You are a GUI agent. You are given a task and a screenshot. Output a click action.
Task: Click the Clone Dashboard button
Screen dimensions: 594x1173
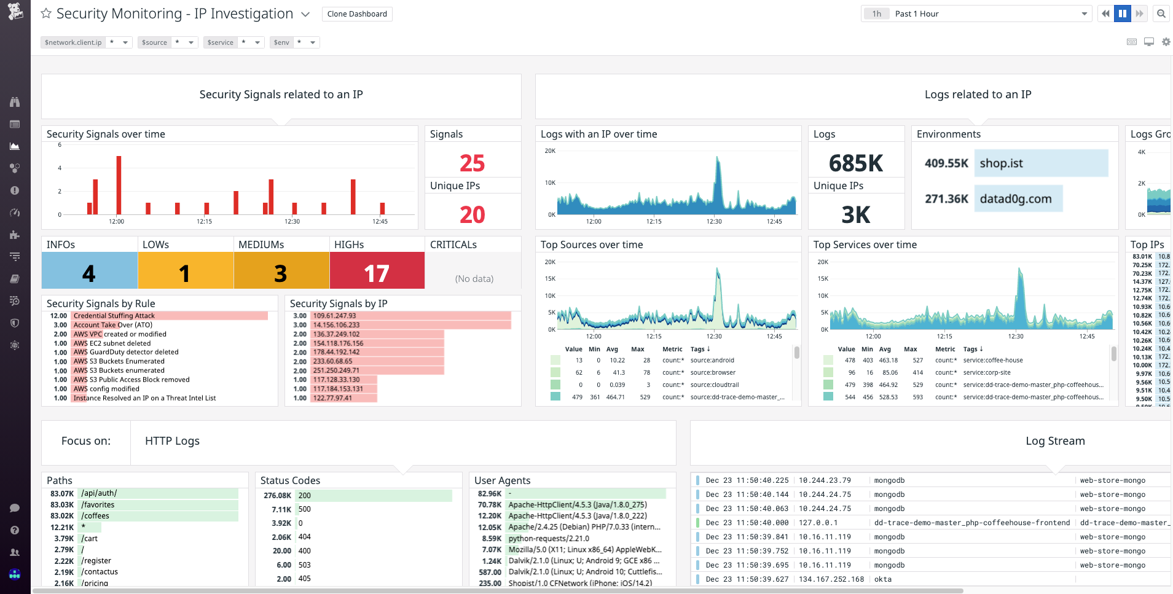coord(357,14)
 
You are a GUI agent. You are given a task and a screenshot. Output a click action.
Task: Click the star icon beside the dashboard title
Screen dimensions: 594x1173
coord(46,14)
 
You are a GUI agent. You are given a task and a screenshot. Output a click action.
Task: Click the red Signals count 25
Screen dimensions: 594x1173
coord(472,163)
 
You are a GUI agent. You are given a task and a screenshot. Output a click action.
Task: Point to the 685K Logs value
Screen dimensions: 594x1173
coord(855,163)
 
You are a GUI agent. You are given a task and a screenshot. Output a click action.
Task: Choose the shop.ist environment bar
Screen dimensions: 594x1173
coord(1041,163)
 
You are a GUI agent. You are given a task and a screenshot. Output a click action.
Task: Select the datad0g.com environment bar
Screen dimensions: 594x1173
coord(1018,199)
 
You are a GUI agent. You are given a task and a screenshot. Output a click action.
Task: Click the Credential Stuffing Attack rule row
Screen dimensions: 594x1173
coord(114,316)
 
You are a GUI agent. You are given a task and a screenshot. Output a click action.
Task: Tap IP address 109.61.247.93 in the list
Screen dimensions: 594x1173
coord(335,316)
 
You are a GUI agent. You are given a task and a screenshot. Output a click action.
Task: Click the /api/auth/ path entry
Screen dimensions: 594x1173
coord(99,493)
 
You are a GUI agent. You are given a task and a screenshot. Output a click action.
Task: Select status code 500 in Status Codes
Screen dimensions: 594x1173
coord(305,509)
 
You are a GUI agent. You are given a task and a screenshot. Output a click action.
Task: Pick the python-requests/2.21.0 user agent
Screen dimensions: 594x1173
coord(549,539)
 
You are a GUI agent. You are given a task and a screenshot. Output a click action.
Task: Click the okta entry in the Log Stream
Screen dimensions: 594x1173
coord(883,579)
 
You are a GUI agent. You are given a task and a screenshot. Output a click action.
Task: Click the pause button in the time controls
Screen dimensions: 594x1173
coord(1123,14)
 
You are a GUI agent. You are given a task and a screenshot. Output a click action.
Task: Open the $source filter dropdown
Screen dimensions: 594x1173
coord(191,42)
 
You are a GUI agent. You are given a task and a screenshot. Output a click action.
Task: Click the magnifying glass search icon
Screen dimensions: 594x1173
coord(1161,14)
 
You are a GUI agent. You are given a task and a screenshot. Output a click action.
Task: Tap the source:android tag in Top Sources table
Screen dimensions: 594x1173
coord(712,361)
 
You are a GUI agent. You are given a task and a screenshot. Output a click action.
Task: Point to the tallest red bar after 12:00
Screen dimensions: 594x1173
coord(119,184)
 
